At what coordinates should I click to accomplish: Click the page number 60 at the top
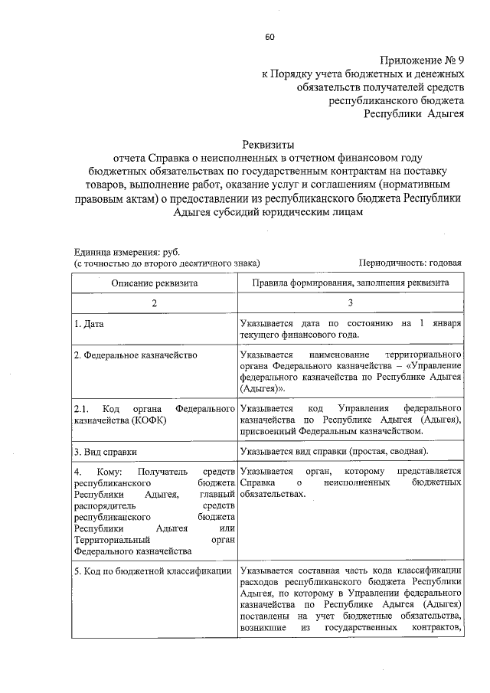(269, 37)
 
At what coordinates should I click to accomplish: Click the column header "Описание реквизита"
(154, 283)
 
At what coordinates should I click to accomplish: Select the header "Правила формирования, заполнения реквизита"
(350, 283)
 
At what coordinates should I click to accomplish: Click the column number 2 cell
(154, 303)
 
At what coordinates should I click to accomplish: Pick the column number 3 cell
(350, 303)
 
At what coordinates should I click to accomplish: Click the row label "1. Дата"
(89, 324)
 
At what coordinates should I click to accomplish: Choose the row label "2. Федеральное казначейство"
(136, 355)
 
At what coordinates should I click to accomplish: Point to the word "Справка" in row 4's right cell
(256, 483)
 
